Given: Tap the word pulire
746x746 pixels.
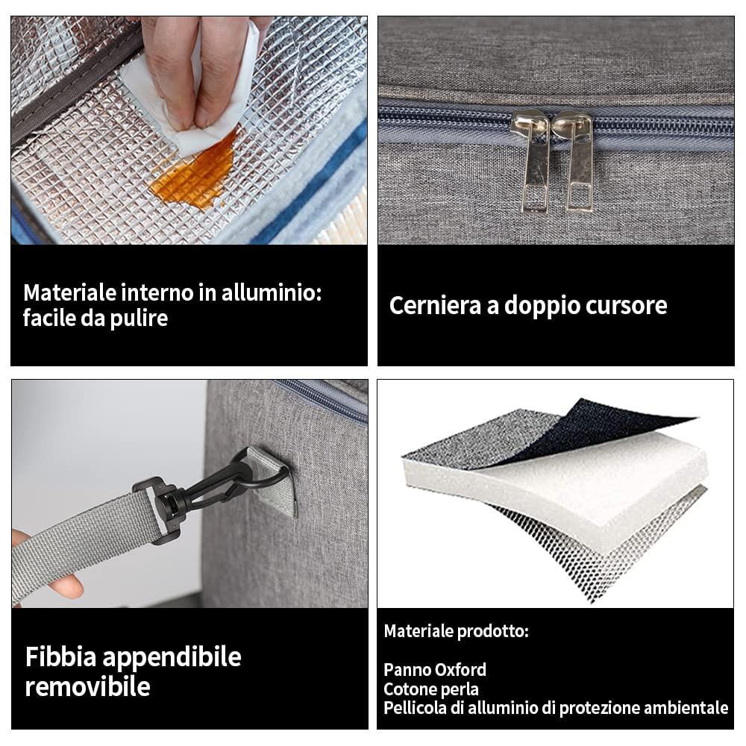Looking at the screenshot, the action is [x=139, y=319].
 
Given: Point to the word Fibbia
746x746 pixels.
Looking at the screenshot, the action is [x=61, y=657].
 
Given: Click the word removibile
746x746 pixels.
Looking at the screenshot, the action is [x=88, y=687].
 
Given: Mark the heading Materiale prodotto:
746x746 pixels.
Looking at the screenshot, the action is [x=457, y=631].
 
